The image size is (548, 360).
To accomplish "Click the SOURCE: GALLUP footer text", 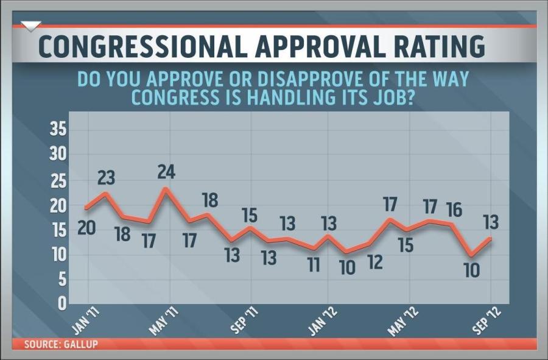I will [61, 344].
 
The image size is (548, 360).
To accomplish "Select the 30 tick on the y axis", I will [58, 154].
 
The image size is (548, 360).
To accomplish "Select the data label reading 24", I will [165, 172].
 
